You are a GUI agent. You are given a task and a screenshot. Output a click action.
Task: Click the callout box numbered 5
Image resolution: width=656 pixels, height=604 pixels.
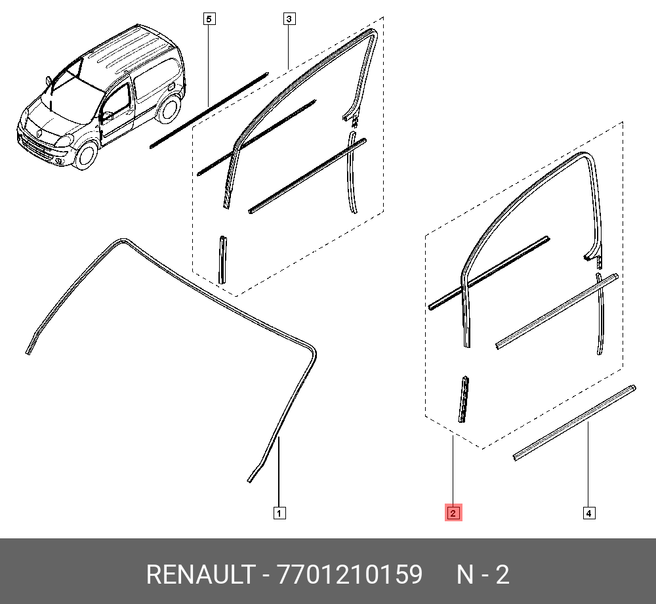(x=209, y=19)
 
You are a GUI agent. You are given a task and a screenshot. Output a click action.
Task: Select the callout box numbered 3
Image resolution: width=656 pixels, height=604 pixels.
(x=289, y=19)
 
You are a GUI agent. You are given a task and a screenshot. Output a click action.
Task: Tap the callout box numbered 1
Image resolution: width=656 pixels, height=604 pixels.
(x=279, y=513)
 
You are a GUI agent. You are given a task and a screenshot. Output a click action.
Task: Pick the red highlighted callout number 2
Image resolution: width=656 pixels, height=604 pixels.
(x=453, y=513)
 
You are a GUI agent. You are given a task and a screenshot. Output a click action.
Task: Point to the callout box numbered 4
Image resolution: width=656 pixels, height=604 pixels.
(x=589, y=513)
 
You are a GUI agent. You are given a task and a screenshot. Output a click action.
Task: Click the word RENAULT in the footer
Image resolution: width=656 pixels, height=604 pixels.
(x=201, y=574)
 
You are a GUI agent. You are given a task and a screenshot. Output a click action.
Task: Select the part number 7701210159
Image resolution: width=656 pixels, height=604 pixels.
(x=350, y=574)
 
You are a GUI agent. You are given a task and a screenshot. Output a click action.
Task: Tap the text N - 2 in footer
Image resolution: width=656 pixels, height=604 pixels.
(x=483, y=574)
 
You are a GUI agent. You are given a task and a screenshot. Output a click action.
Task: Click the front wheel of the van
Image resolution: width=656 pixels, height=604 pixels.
(x=86, y=154)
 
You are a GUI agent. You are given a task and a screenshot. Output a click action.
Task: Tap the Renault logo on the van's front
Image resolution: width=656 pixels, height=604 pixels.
(x=39, y=133)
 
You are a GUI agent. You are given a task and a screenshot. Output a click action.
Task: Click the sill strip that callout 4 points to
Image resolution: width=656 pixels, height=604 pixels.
(x=575, y=423)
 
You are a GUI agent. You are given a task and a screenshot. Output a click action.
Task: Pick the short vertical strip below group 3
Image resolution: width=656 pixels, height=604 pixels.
(x=222, y=260)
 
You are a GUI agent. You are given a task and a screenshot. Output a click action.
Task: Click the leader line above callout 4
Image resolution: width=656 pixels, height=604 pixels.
(x=588, y=465)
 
